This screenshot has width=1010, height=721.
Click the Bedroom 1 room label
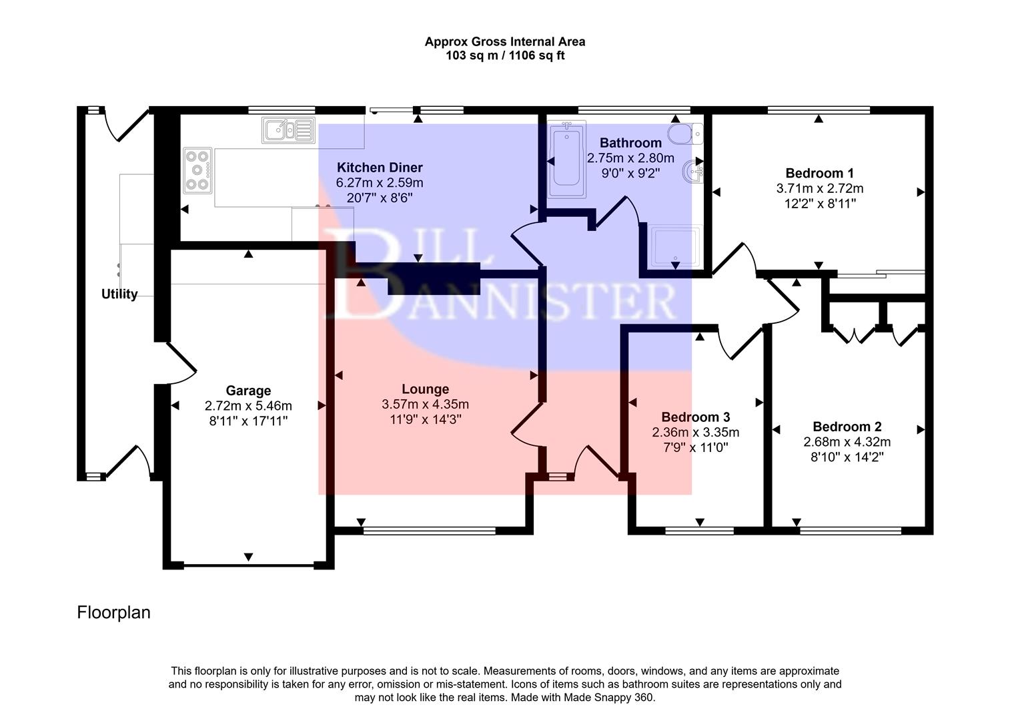[x=819, y=173]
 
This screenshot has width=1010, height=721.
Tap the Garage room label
[x=248, y=391]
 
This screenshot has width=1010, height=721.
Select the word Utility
[x=119, y=294]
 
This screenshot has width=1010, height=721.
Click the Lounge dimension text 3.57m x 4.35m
[x=425, y=405]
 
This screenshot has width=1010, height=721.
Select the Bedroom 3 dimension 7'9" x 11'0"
[x=695, y=447]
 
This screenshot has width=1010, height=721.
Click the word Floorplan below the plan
[x=113, y=612]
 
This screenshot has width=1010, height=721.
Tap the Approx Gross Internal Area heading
[x=505, y=41]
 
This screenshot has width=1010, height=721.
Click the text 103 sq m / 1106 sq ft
[x=505, y=56]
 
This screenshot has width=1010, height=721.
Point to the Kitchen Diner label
[x=379, y=168]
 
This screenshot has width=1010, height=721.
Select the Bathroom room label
[x=630, y=143]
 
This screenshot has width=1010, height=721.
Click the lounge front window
[x=429, y=531]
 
